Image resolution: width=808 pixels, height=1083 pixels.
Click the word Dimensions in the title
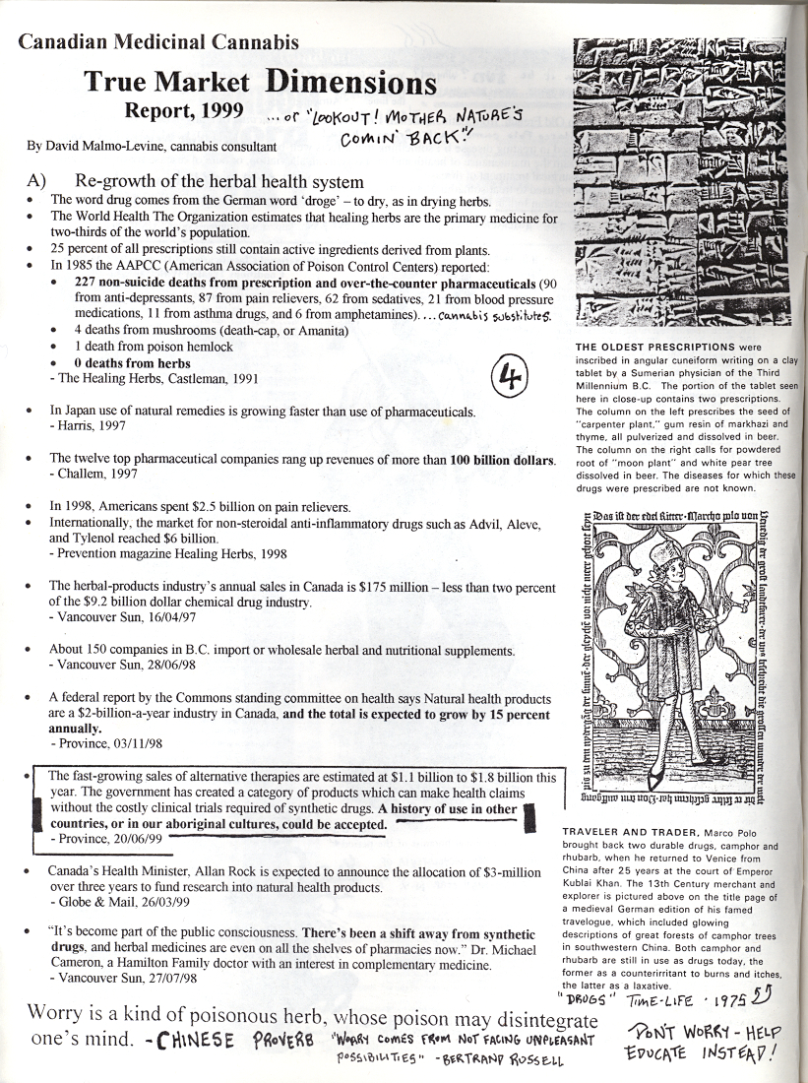349,82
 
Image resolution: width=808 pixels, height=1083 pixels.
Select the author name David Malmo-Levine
103,146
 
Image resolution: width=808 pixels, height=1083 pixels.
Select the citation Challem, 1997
95,474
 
